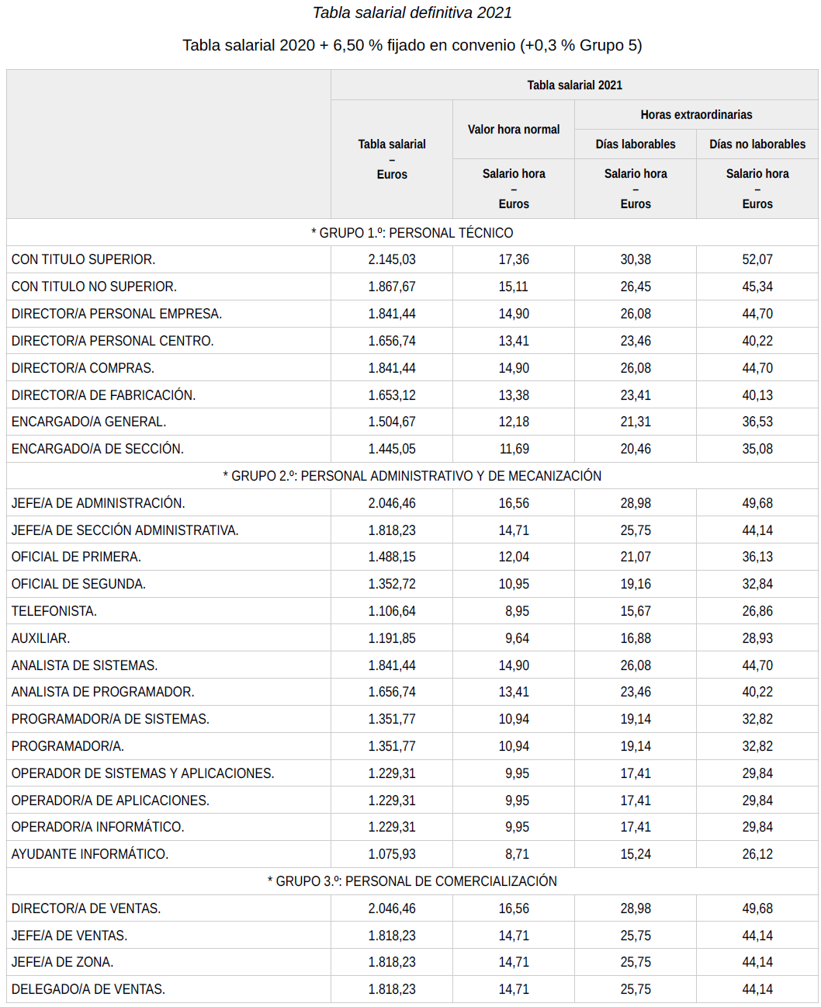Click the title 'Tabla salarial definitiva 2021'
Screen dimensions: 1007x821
click(411, 12)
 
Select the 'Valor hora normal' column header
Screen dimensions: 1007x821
click(513, 130)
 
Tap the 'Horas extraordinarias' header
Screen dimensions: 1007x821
click(696, 115)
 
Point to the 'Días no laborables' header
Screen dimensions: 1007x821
click(757, 144)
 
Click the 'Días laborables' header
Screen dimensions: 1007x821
click(635, 144)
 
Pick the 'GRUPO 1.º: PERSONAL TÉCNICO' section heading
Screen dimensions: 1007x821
click(412, 233)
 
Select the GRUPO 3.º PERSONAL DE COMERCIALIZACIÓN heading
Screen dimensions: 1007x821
click(412, 881)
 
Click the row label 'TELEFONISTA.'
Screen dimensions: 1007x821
click(54, 611)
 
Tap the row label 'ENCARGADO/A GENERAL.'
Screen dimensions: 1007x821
click(88, 422)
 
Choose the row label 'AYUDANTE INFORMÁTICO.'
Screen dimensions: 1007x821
click(90, 854)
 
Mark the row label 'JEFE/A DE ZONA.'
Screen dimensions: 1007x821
click(62, 962)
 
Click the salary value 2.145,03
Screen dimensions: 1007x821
click(392, 259)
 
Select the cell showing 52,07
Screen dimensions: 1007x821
click(757, 259)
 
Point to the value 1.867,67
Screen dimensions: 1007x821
click(392, 286)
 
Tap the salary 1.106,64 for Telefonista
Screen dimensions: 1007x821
click(392, 611)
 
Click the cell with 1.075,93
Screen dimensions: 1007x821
click(392, 854)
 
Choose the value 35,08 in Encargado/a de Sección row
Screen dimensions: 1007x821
click(757, 449)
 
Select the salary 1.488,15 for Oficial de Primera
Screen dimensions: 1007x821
click(392, 557)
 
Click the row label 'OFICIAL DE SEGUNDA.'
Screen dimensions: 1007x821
click(78, 584)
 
